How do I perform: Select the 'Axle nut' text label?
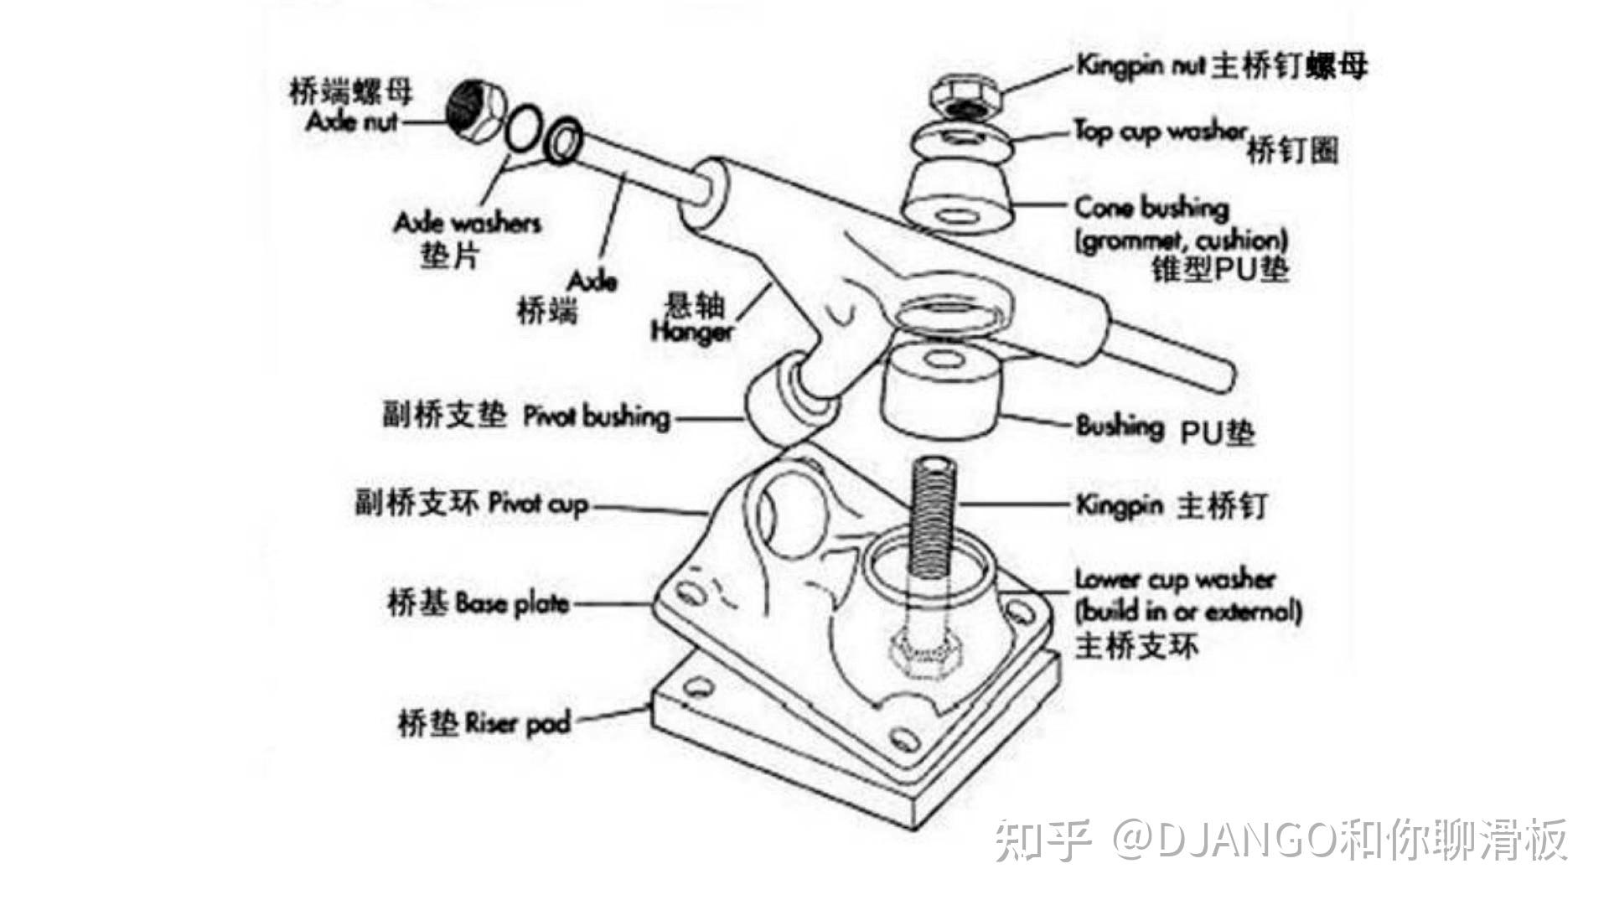[351, 121]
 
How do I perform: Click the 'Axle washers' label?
[467, 223]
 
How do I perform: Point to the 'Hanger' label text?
[691, 331]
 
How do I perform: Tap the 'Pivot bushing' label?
[596, 416]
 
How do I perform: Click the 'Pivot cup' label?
[538, 504]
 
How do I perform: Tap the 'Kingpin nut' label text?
[1140, 65]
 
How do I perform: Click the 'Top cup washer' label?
[1160, 132]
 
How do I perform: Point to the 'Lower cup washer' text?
[1174, 579]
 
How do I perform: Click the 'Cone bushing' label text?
[1151, 207]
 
